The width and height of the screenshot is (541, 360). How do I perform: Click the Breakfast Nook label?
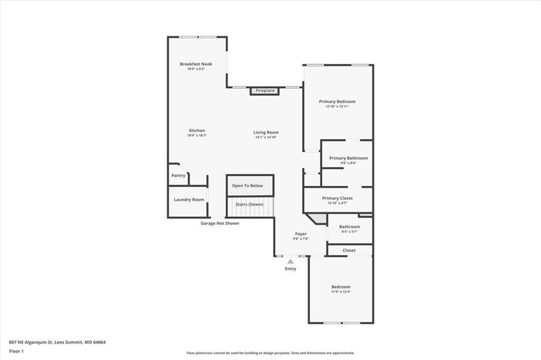196,64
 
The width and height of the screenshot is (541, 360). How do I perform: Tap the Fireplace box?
265,91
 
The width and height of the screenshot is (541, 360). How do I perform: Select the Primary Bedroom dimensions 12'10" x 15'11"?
337,107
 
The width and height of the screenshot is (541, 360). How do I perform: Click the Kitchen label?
197,130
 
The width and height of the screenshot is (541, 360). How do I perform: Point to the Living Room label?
266,132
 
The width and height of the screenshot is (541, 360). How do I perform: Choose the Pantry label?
179,176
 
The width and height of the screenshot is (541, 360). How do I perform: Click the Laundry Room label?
189,200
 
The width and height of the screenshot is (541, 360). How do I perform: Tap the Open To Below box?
250,185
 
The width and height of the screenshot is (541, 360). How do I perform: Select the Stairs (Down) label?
249,204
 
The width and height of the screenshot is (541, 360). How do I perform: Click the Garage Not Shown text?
220,223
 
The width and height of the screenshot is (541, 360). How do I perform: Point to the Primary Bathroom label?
349,158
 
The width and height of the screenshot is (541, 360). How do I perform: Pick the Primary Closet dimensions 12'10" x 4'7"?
338,203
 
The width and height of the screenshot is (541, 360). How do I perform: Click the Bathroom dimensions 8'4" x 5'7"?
350,232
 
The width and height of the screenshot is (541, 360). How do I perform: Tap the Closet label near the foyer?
349,250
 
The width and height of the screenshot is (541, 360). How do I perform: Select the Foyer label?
301,234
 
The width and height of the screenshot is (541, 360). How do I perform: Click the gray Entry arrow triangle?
291,261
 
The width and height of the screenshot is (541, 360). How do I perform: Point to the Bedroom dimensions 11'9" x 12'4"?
341,292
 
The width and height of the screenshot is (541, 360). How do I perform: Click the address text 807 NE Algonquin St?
31,343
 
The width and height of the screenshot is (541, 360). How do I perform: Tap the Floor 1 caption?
16,352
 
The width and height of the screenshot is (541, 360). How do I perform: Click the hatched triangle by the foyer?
319,218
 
